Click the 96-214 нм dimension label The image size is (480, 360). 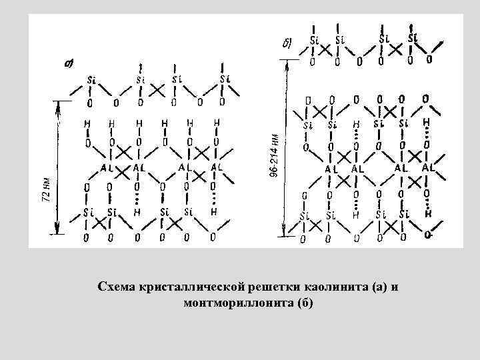coord(274,155)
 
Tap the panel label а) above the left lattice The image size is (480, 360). coord(68,64)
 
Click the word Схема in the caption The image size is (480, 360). coord(114,287)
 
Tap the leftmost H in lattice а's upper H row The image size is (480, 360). coord(87,123)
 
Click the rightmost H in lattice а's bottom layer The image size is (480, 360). coord(214,211)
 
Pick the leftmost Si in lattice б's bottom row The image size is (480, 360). coord(304,215)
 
